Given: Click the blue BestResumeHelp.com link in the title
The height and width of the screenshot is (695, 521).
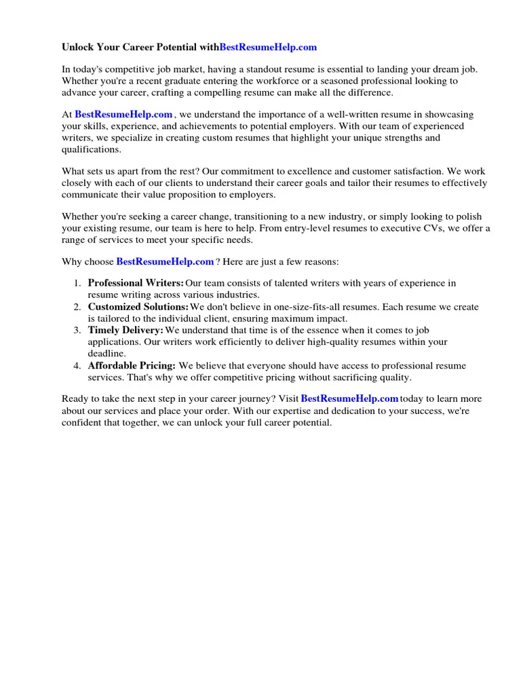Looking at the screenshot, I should (x=268, y=48).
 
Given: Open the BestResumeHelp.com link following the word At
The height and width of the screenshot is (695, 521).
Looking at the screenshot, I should (x=123, y=115).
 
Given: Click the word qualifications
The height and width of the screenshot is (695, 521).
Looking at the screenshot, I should (x=91, y=149).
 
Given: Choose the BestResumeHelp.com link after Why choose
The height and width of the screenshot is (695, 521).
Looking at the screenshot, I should (x=166, y=261).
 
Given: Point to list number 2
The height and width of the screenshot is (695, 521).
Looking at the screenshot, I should (x=77, y=307).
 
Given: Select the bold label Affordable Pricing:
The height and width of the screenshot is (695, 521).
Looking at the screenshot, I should (x=132, y=366).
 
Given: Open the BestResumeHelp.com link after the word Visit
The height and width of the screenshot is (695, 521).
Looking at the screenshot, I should (x=349, y=398).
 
